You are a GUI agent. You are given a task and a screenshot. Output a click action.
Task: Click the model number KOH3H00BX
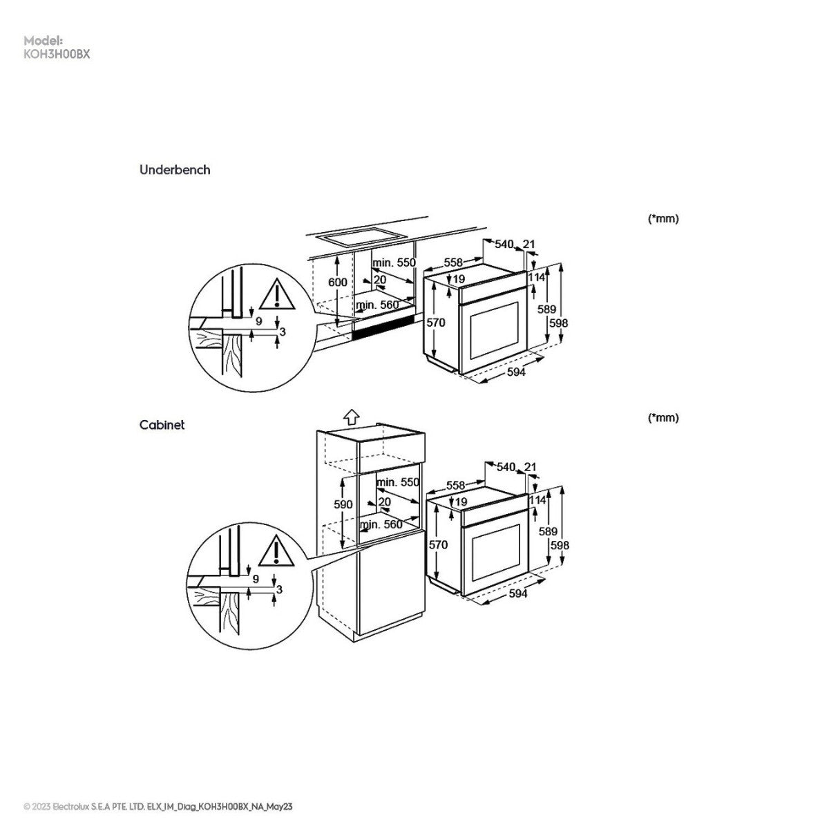tap(57, 55)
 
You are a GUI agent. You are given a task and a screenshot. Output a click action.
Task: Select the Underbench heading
tap(175, 170)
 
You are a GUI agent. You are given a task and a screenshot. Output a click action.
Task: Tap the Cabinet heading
tap(162, 425)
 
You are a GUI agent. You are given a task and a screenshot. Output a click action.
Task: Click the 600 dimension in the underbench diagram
tap(337, 283)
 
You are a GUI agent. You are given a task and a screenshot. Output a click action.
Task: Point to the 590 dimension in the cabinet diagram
tap(343, 504)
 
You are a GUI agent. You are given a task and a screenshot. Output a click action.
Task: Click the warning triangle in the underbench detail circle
tap(277, 294)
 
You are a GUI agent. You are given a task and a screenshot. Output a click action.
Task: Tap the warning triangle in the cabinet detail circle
tap(276, 551)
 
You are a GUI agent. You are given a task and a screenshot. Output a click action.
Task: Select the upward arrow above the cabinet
tap(352, 417)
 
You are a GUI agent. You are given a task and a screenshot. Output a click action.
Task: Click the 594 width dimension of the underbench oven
tap(516, 372)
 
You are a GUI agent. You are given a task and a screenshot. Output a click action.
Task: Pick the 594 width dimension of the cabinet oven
tap(518, 593)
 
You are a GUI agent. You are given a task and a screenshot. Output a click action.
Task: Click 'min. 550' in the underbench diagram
tap(394, 263)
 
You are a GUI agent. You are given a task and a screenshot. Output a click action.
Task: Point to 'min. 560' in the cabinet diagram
tap(381, 524)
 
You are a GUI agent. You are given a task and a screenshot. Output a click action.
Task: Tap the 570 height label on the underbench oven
tap(435, 323)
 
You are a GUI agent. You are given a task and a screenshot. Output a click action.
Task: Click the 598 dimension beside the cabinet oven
tap(560, 546)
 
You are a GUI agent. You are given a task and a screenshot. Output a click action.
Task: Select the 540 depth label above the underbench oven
tap(504, 245)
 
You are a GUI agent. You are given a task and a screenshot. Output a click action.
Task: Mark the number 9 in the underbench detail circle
tap(258, 321)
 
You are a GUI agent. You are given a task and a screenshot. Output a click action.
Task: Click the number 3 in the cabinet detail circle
tap(279, 589)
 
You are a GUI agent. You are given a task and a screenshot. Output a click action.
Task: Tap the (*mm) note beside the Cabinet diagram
tap(663, 418)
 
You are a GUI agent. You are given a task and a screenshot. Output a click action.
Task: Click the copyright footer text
tap(158, 807)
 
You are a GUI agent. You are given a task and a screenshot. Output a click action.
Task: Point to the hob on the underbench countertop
tap(363, 236)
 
